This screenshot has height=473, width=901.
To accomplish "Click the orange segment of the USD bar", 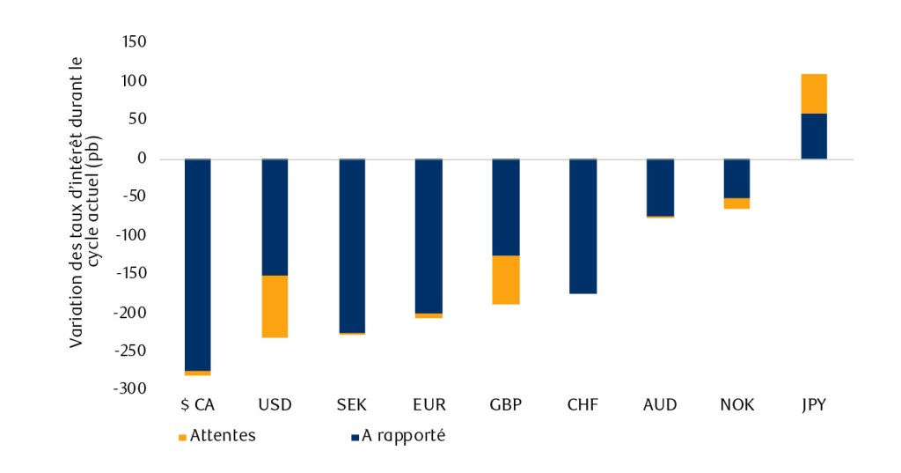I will point(275,306).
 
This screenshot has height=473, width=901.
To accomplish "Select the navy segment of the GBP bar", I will point(505,207).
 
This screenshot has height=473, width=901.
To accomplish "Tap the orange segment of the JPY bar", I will point(813,93).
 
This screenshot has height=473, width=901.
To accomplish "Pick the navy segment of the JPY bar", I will point(813,136).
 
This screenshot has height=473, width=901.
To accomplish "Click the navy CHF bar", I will point(582,226).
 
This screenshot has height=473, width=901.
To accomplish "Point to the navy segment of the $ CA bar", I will point(197,264).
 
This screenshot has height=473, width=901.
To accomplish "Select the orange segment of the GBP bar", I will point(505,279).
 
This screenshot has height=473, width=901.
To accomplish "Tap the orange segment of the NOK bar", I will point(736,203).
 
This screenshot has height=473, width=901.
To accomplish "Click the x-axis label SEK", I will point(352,405).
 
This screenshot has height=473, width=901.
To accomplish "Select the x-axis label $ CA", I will point(197,405).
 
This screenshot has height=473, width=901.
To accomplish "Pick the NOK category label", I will point(736,405).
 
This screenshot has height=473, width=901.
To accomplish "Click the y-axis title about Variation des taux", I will point(84,202).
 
